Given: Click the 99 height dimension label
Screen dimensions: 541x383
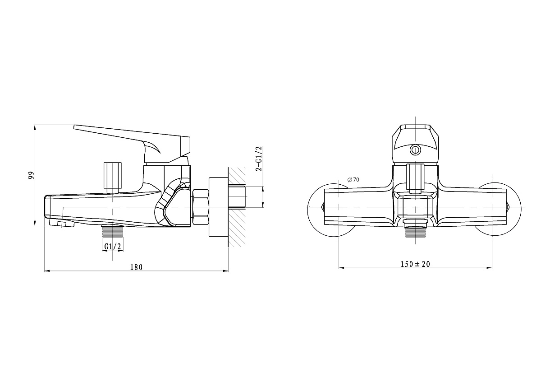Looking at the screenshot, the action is point(32,175).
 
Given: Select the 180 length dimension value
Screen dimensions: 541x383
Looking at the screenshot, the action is point(137,267).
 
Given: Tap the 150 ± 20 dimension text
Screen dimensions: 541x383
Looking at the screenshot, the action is point(415,264).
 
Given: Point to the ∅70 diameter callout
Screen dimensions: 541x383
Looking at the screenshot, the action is point(353,179).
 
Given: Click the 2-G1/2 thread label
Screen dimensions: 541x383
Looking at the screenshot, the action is point(259,159).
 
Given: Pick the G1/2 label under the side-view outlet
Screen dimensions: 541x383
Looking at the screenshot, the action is point(113,246).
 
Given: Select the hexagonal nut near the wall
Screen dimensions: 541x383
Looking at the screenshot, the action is point(201,207).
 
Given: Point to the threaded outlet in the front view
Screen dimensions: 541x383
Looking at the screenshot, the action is point(415,229).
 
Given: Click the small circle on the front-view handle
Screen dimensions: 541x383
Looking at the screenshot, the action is point(415,150).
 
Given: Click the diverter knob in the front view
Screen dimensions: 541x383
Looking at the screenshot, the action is point(415,178).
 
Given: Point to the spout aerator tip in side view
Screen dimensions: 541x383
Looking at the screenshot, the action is point(62,223).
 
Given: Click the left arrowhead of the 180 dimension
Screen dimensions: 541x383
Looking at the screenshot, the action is point(47,271).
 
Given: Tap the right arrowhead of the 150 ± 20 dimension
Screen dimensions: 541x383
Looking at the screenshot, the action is point(490,268).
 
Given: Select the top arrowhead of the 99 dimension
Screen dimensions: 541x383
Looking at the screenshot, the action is point(35,127).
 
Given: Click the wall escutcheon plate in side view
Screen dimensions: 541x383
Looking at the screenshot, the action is point(218,207).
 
